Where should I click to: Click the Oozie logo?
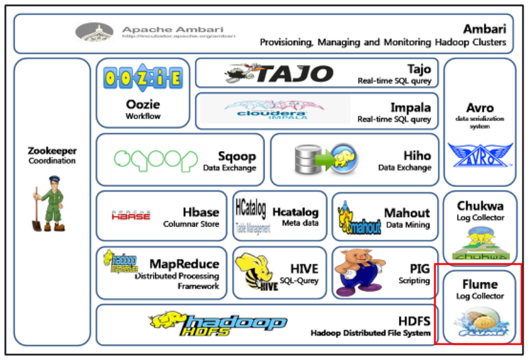coord(143,78)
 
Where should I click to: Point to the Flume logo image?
coord(480,324)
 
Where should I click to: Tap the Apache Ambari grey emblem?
coord(94,32)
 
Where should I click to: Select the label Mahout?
coord(406,213)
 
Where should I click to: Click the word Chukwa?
coord(480,205)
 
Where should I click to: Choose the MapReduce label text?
coord(184,264)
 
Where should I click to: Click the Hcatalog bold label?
coord(296,212)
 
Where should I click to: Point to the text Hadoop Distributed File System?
coord(370,333)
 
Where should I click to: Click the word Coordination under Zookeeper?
coord(52,161)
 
